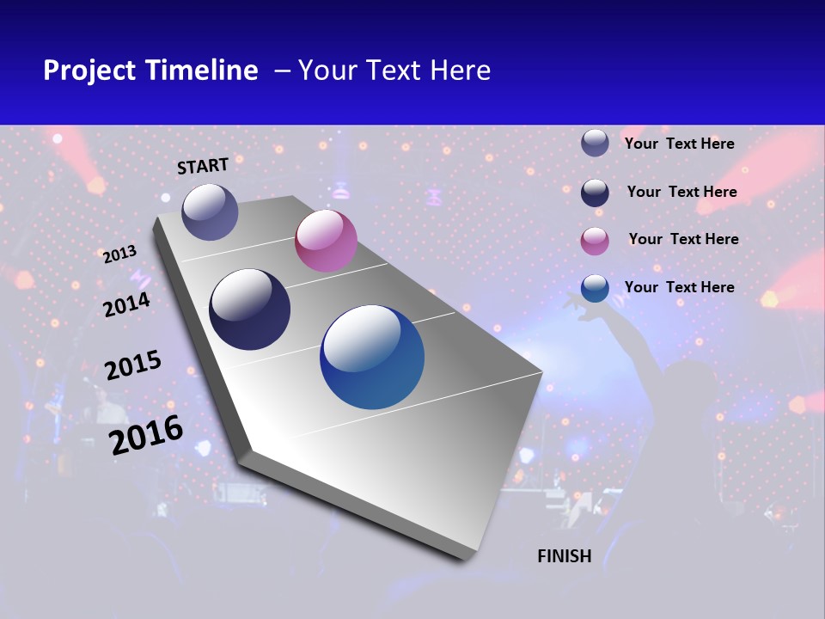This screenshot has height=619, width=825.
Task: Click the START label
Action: click(x=203, y=166)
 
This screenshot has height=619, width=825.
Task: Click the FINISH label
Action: click(x=565, y=556)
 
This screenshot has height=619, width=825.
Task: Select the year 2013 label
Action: click(x=119, y=254)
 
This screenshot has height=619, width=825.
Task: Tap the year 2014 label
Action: click(x=127, y=304)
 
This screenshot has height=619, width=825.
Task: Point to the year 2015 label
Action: click(x=133, y=365)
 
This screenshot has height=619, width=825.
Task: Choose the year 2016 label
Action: click(x=146, y=434)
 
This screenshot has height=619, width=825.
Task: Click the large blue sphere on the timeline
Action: click(x=372, y=357)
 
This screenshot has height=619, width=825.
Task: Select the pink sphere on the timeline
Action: click(x=326, y=241)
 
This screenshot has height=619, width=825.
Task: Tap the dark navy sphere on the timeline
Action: click(x=249, y=309)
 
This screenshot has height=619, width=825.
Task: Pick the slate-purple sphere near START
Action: click(x=210, y=211)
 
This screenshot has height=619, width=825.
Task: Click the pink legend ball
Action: click(x=595, y=241)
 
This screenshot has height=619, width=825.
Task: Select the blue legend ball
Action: click(x=595, y=288)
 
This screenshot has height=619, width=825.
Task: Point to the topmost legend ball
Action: click(x=595, y=143)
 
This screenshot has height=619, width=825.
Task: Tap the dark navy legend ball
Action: click(x=595, y=193)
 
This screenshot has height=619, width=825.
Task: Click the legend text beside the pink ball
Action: click(x=683, y=239)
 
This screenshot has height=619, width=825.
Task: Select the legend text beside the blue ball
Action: click(x=680, y=287)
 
